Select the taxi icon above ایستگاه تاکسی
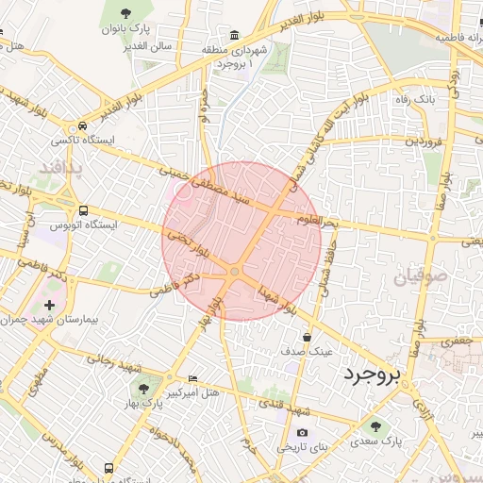pos(84,125)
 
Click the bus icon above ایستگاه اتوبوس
pos(84,210)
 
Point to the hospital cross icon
pos(49,306)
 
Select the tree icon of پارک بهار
pos(140,389)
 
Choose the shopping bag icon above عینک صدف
pos(307,337)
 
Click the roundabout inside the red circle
pos(234,273)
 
